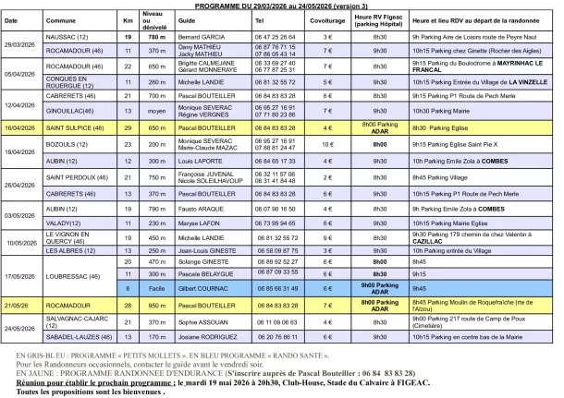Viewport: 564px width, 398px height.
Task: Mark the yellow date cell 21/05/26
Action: tap(19, 330)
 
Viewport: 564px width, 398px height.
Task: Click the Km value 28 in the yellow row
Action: tap(128, 330)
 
